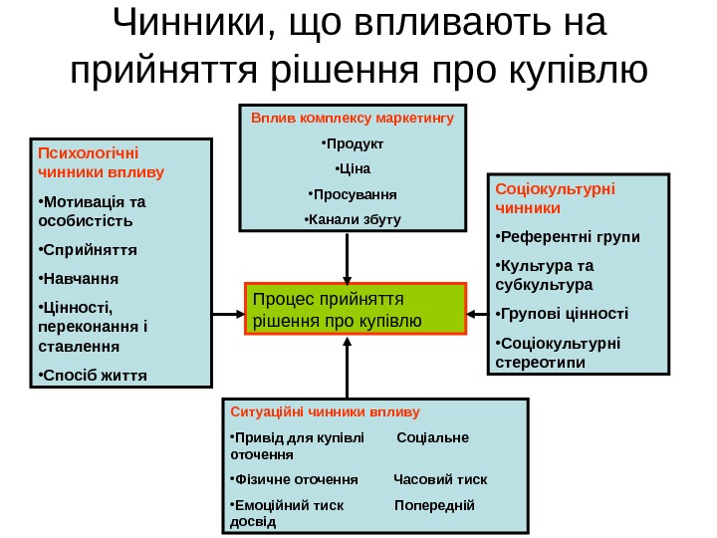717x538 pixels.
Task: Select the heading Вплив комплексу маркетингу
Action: coord(352,118)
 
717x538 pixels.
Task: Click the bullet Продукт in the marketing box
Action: coord(352,142)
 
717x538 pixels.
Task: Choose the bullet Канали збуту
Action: coord(352,218)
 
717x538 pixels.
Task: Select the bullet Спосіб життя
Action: coord(91,376)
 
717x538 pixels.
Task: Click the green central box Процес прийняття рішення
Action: coord(356,309)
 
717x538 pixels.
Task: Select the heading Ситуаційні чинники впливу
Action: coord(325,410)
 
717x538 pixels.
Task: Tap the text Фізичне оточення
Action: coord(295,478)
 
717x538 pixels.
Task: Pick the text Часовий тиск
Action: coord(441,478)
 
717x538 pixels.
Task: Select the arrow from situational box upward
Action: coord(347,369)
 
